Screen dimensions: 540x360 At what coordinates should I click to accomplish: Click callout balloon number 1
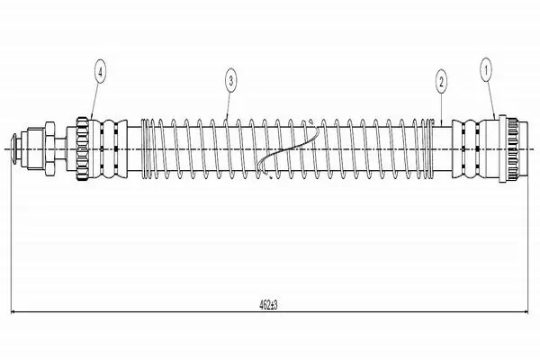[x=486, y=70]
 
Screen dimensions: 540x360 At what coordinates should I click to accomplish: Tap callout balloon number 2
[x=441, y=81]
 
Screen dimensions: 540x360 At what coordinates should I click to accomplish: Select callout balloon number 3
[x=230, y=81]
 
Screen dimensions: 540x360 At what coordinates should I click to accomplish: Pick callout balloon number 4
[x=100, y=72]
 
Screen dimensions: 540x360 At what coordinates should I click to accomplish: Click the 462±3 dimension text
[x=268, y=305]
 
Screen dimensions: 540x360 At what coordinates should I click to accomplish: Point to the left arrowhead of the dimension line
[x=13, y=312]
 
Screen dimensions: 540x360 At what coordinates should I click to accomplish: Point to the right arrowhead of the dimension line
[x=526, y=312]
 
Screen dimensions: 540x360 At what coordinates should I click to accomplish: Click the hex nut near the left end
[x=49, y=148]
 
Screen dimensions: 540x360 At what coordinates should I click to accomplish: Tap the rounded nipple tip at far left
[x=14, y=149]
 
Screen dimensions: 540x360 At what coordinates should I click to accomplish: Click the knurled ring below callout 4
[x=83, y=148]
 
